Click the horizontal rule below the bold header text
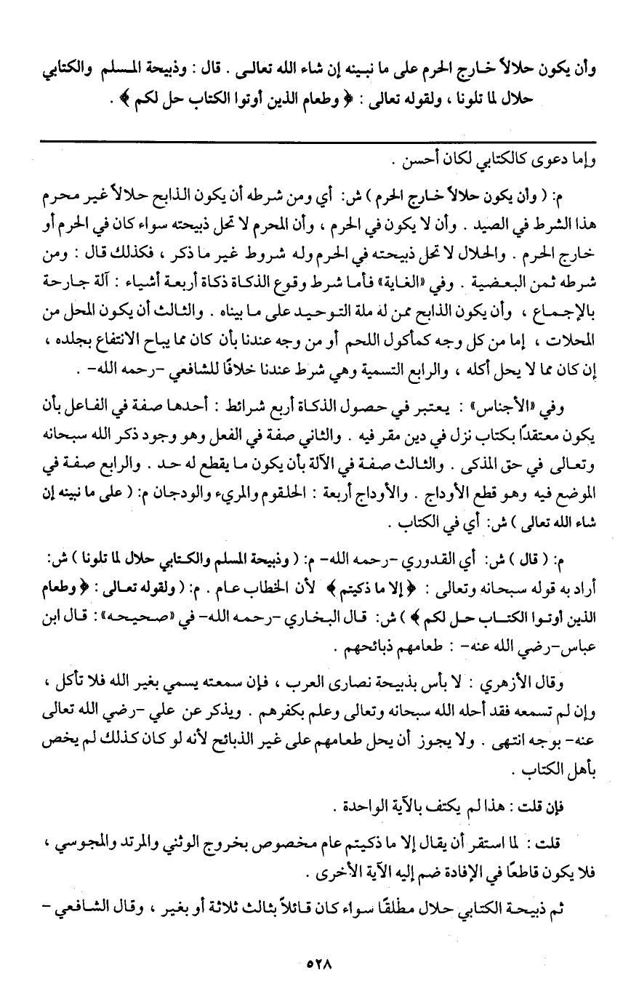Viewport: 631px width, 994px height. [315, 142]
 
